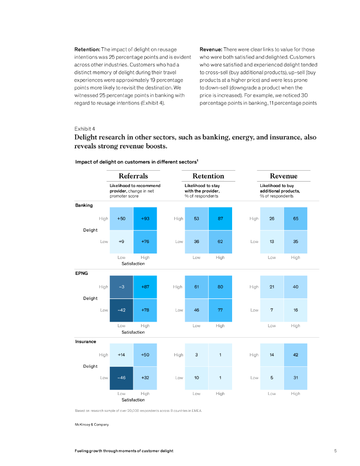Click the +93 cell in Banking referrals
coord(145,218)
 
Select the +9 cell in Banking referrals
coord(122,242)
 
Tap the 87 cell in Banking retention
coord(220,218)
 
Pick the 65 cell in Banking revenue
coord(295,218)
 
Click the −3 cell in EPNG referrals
coord(122,287)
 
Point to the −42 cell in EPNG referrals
coord(122,310)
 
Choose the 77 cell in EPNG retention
coord(220,310)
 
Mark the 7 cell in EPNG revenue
coord(272,310)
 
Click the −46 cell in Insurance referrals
coord(122,378)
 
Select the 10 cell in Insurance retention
coord(197,378)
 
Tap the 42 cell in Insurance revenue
coord(295,355)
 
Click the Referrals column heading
coord(133,176)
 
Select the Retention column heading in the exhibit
coord(208,176)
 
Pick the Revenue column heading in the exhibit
coord(283,176)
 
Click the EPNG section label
coord(81,274)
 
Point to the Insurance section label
coord(86,341)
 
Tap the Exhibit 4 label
coord(85,129)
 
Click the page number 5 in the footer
coord(335,451)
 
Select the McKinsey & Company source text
coord(91,424)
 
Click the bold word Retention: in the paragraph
coord(87,50)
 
